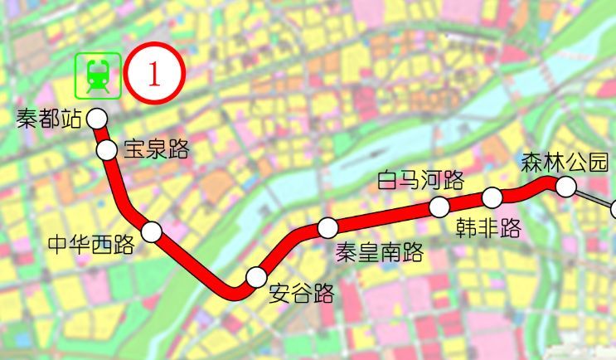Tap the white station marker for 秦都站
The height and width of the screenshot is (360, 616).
pyautogui.click(x=97, y=119)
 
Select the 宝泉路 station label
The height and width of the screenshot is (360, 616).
pyautogui.click(x=156, y=150)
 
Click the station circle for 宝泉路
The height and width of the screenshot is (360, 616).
pyautogui.click(x=108, y=150)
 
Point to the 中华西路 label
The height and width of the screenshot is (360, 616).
pyautogui.click(x=91, y=245)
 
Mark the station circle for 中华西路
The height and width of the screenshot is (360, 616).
pyautogui.click(x=152, y=231)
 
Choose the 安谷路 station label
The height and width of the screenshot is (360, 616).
pyautogui.click(x=302, y=294)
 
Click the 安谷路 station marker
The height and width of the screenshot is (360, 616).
pyautogui.click(x=257, y=276)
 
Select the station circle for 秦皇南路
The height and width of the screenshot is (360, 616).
pyautogui.click(x=328, y=226)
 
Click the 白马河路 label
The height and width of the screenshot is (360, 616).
pyautogui.click(x=420, y=180)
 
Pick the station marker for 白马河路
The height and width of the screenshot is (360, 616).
pyautogui.click(x=439, y=207)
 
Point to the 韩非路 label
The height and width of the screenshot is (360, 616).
pyautogui.click(x=488, y=226)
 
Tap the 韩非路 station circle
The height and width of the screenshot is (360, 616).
pyautogui.click(x=492, y=197)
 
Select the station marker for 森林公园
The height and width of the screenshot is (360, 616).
pyautogui.click(x=566, y=187)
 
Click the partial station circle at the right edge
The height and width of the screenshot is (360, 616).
pyautogui.click(x=613, y=209)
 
